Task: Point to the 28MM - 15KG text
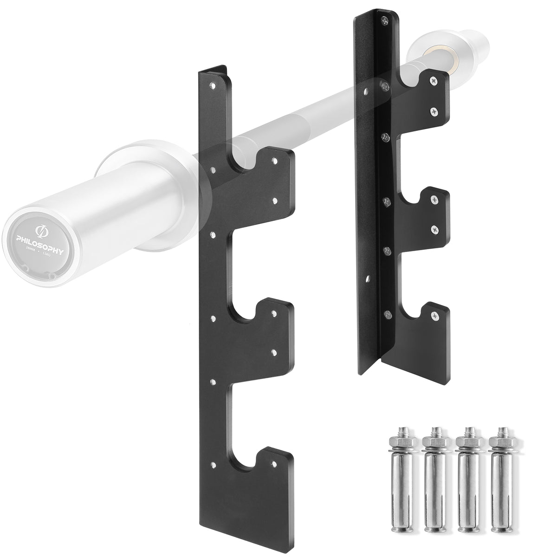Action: (x=41, y=251)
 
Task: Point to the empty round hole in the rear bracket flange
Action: (x=367, y=279)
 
